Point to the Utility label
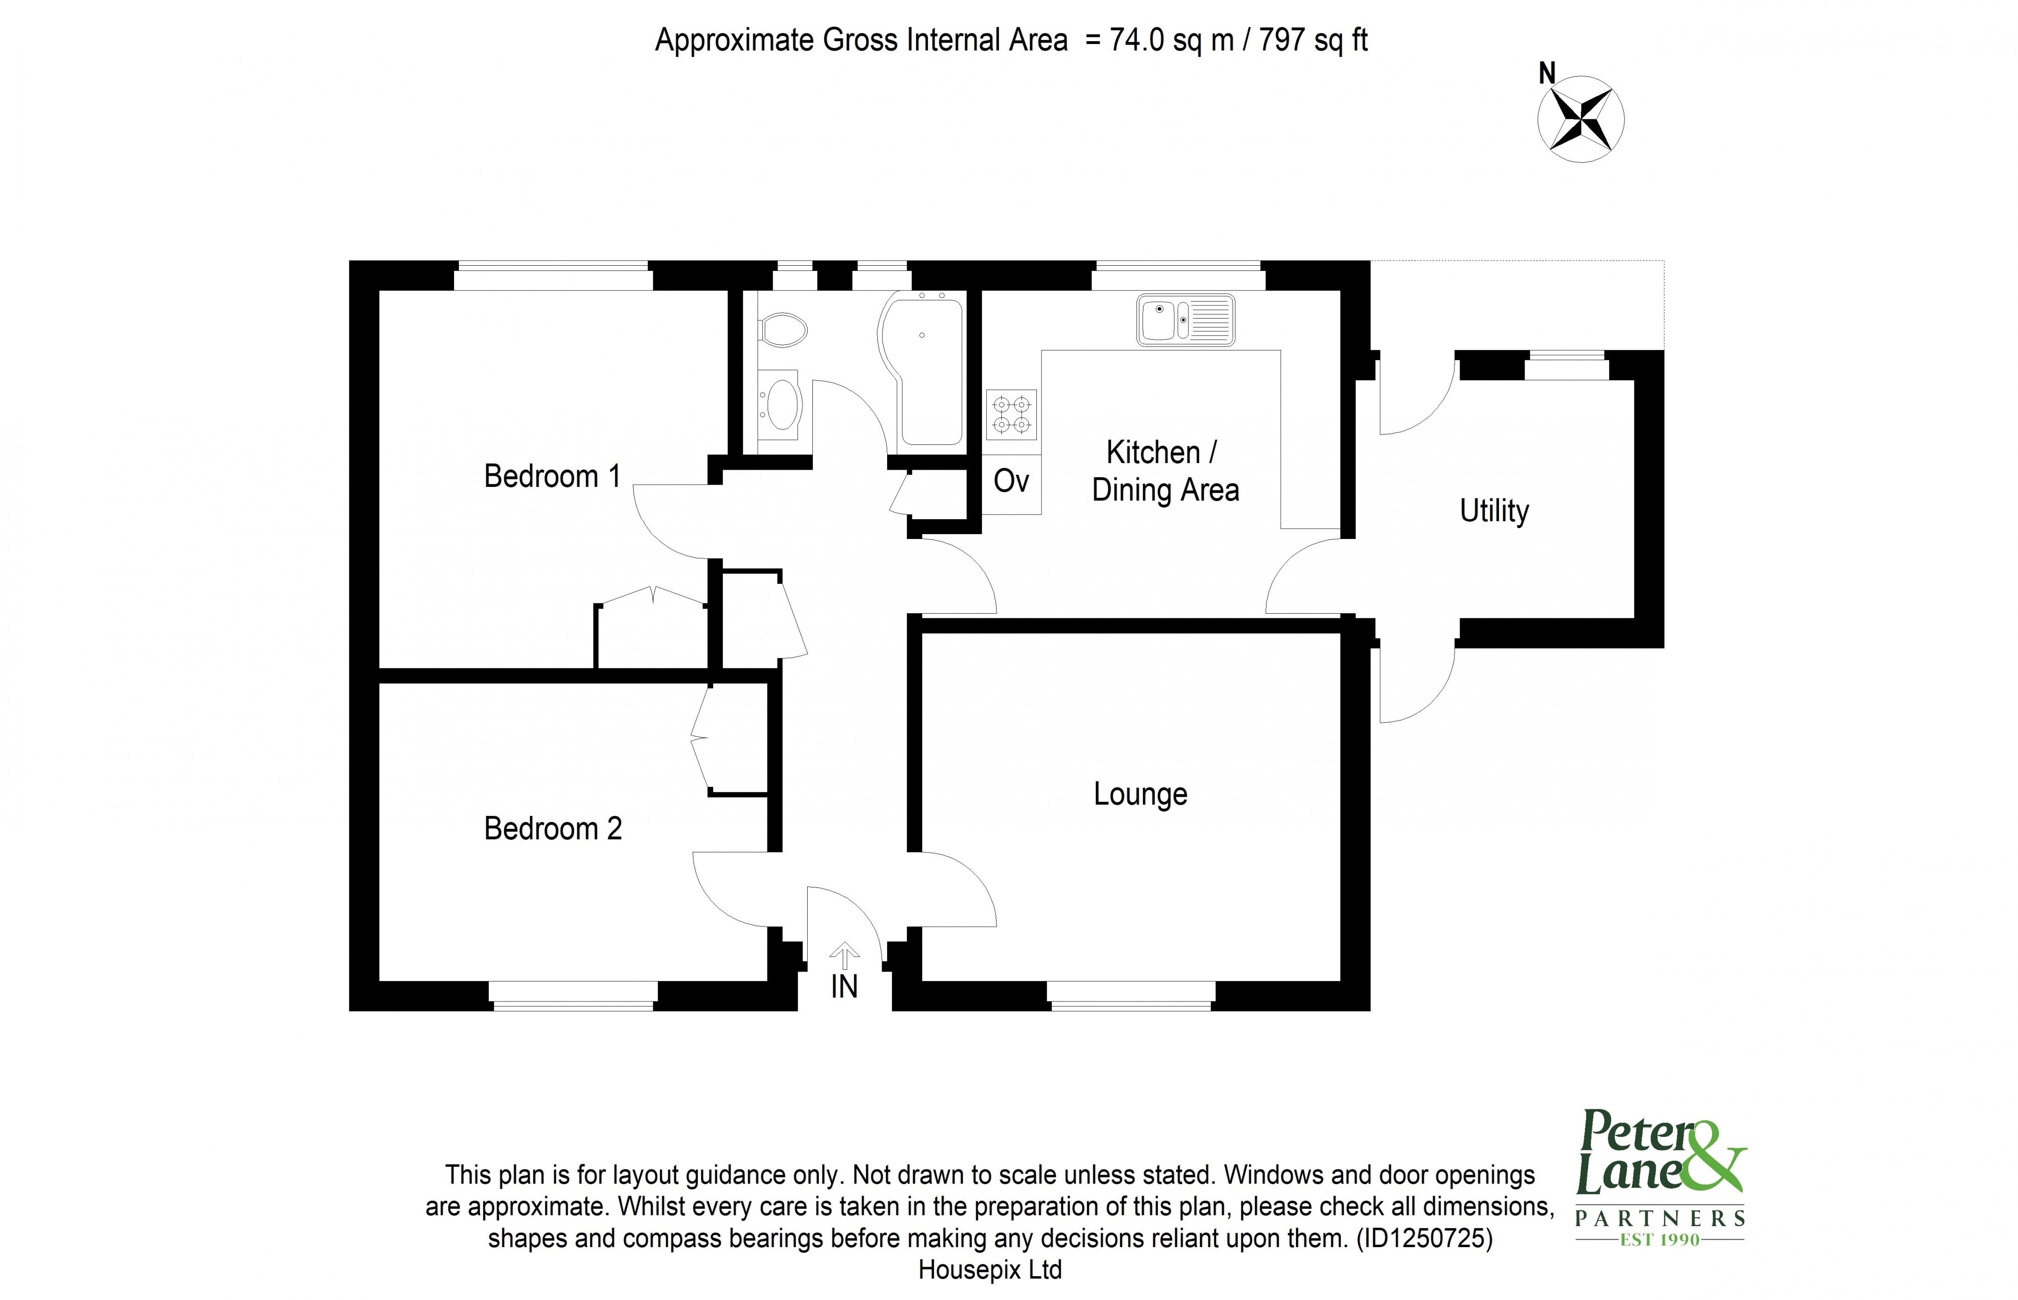point(1494,511)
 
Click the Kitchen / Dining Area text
point(1165,471)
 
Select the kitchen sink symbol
point(1185,320)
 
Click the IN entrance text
point(844,986)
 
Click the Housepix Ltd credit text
point(989,1270)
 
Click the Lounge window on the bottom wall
point(1130,995)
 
